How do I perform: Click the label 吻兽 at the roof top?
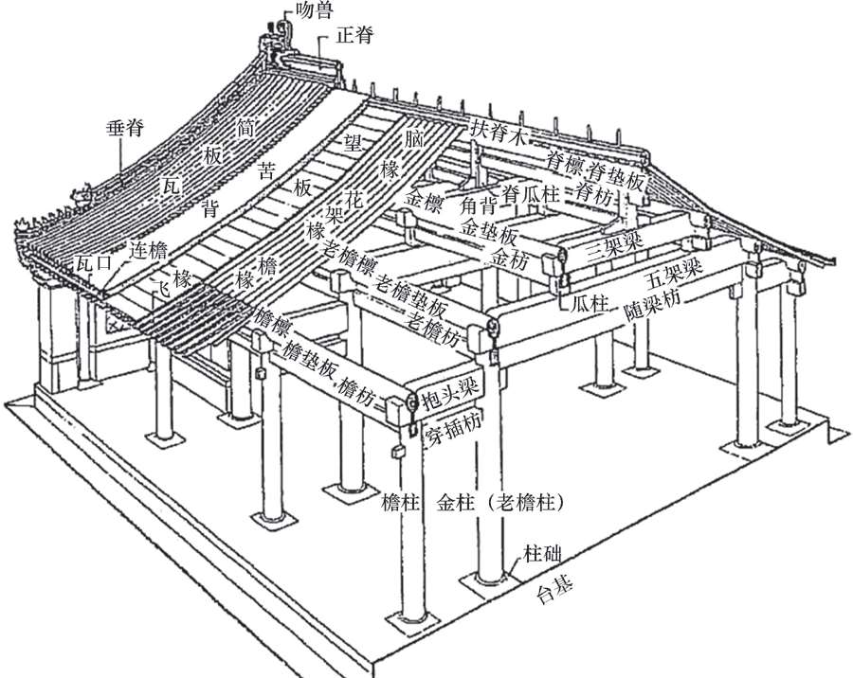tap(314, 10)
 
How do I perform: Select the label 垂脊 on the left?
tap(126, 129)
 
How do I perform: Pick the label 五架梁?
tap(674, 275)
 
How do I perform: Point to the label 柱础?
tap(542, 555)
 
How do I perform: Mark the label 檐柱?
tap(400, 504)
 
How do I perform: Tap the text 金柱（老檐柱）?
tap(499, 504)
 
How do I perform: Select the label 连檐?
tap(149, 250)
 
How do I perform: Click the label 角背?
tap(480, 206)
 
